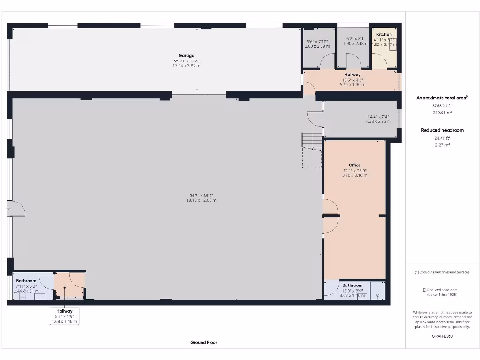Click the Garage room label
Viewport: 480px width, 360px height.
(186, 56)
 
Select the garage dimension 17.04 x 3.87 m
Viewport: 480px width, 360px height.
(186, 66)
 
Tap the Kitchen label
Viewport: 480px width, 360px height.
(384, 35)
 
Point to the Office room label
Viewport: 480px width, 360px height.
(355, 165)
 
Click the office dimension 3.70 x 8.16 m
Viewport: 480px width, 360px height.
(355, 175)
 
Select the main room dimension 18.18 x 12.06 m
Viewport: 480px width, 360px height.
(203, 200)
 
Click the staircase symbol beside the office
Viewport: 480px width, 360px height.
(312, 150)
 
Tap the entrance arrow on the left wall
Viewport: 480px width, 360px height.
(8, 209)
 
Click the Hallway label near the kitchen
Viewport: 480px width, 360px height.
(352, 75)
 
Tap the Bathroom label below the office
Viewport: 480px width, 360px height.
(352, 285)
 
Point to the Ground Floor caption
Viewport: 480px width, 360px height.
(203, 342)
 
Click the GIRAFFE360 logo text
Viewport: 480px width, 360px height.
(442, 336)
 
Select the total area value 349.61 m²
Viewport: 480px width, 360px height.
(442, 112)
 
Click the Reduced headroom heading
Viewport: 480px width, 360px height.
(442, 130)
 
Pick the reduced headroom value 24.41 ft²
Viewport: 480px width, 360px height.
(442, 138)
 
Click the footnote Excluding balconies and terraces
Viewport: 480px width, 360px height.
(442, 272)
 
